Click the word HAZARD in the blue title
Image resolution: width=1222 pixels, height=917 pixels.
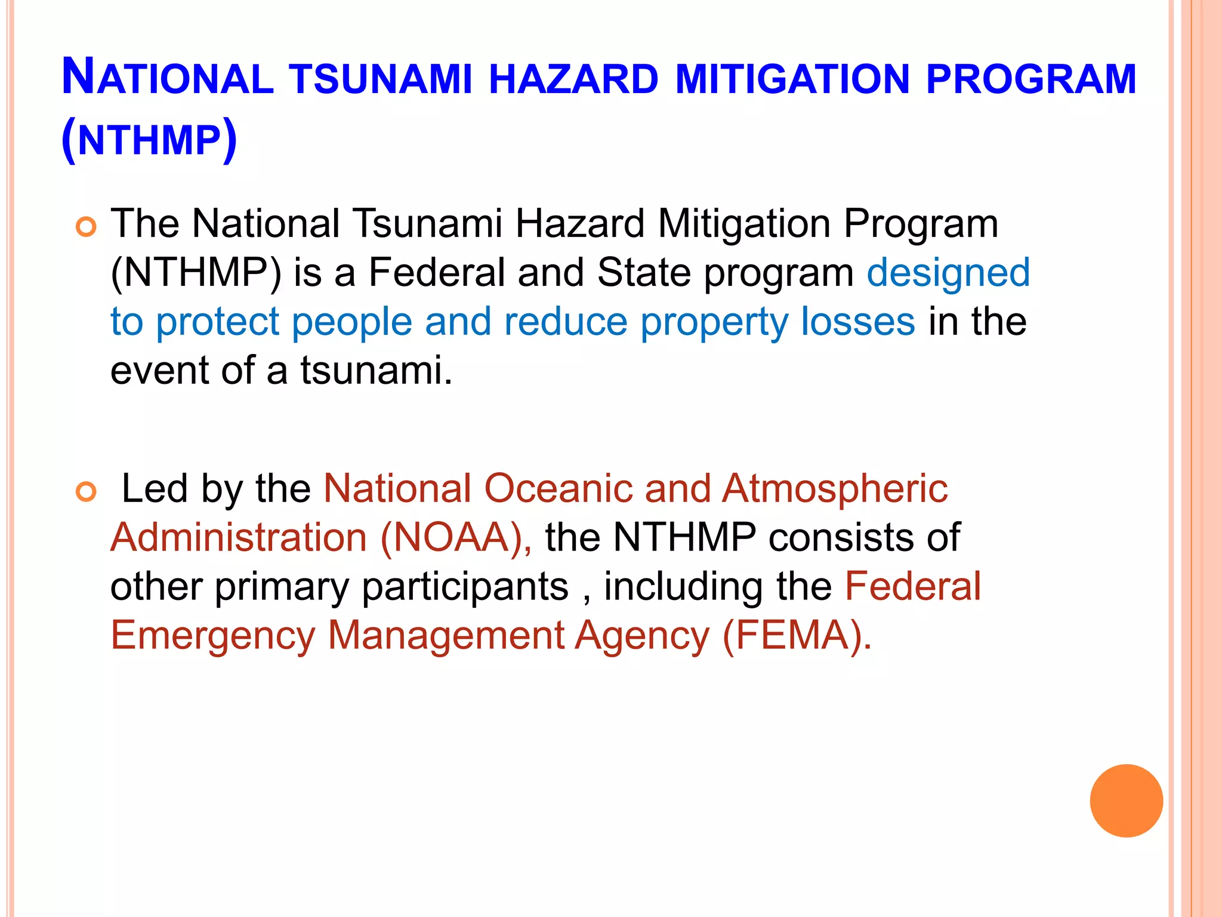[573, 79]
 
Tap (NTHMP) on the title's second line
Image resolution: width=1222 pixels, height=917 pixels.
[149, 140]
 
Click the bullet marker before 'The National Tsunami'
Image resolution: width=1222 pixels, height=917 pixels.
[87, 227]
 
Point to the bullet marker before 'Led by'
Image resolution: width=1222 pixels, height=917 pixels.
[87, 492]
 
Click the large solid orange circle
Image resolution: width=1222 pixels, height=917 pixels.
[1126, 801]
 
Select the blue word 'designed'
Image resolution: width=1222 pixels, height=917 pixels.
[948, 273]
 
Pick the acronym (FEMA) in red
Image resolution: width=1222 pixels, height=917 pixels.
[797, 635]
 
